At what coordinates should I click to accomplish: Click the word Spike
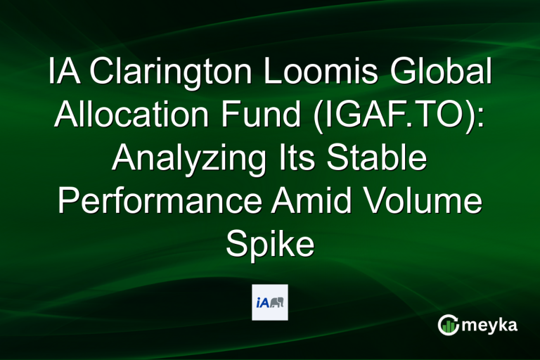(269, 246)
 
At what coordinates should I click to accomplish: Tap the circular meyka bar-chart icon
(448, 325)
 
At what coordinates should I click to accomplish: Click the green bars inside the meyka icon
(448, 326)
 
